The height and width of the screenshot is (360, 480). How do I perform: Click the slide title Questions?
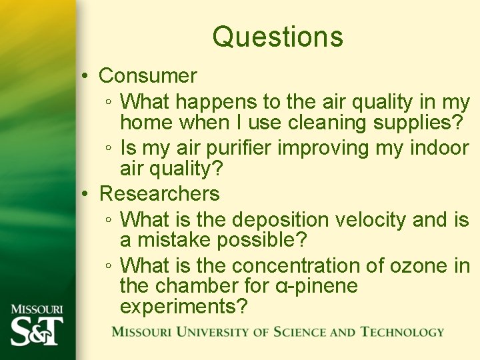click(x=278, y=37)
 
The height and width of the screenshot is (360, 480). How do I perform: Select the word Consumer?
click(x=148, y=76)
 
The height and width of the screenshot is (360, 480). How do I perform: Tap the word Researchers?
click(x=159, y=194)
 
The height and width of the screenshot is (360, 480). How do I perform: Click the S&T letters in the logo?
click(x=37, y=331)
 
